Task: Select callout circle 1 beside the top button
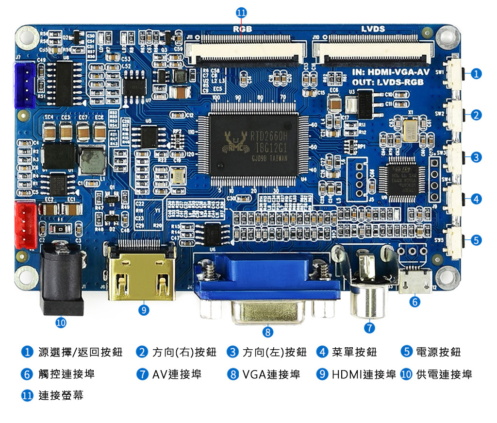[476, 74]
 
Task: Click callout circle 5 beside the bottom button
[476, 240]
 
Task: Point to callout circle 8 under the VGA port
[267, 332]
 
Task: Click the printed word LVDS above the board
[373, 29]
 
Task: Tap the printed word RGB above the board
[242, 29]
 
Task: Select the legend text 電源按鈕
[438, 352]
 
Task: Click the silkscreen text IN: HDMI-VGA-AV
[391, 72]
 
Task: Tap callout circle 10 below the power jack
[61, 322]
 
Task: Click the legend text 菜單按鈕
[354, 352]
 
